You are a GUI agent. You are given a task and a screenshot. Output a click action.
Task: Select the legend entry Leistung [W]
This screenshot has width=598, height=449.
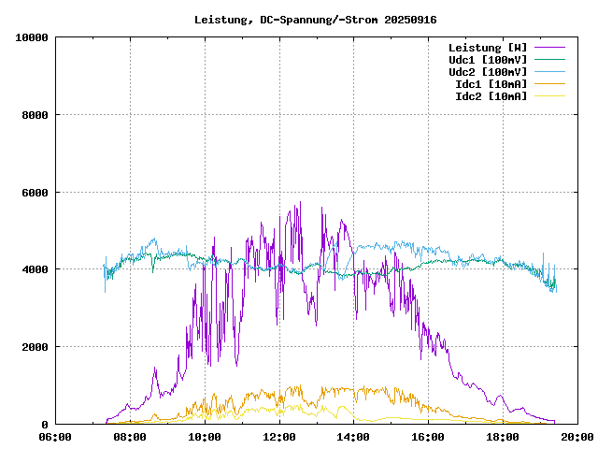pyautogui.click(x=487, y=48)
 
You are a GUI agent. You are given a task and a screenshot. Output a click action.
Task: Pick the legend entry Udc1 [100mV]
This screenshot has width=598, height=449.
pyautogui.click(x=487, y=60)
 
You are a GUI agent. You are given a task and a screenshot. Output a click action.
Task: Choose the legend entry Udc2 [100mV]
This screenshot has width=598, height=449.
pyautogui.click(x=487, y=72)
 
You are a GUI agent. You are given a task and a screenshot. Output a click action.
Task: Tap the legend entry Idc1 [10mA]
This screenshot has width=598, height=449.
pyautogui.click(x=490, y=84)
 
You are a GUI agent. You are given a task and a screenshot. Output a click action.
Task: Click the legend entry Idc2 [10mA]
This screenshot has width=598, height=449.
pyautogui.click(x=490, y=96)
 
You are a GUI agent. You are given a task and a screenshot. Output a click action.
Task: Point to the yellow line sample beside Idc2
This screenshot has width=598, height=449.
pyautogui.click(x=549, y=96)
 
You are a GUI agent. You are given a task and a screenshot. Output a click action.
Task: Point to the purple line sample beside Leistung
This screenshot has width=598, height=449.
pyautogui.click(x=549, y=48)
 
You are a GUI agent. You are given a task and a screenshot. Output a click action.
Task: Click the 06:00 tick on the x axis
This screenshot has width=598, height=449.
pyautogui.click(x=55, y=437)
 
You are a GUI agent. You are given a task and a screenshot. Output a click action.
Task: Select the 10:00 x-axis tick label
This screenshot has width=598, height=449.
pyautogui.click(x=205, y=437)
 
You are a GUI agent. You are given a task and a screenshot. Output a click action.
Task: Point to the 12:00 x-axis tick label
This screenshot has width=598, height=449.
pyautogui.click(x=279, y=437)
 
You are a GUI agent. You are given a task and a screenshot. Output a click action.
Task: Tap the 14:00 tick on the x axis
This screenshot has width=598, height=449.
pyautogui.click(x=354, y=437)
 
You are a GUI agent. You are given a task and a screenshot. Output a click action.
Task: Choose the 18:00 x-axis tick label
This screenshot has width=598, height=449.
pyautogui.click(x=504, y=437)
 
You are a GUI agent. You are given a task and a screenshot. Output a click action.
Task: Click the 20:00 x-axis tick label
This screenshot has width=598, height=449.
pyautogui.click(x=577, y=437)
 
